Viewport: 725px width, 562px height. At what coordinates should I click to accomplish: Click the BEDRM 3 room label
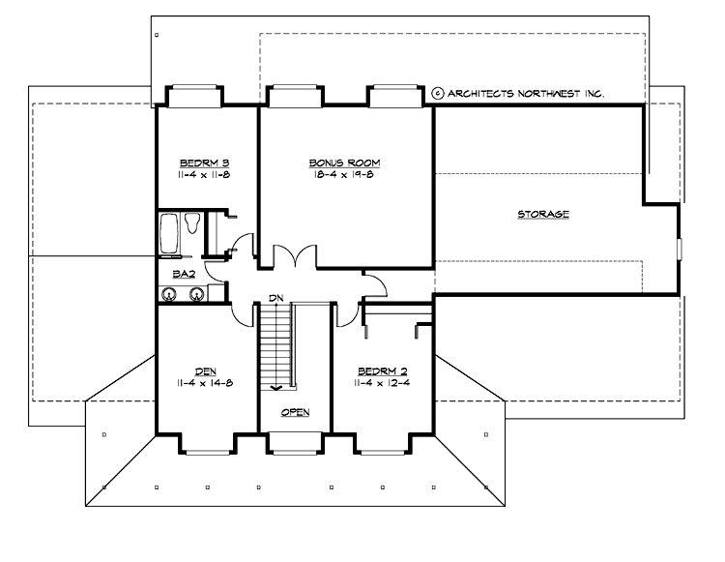tap(203, 163)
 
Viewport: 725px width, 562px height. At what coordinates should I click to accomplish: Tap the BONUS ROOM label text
tap(344, 163)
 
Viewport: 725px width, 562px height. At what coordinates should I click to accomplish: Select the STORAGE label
tap(542, 214)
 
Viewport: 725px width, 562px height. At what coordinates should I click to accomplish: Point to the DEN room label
tap(203, 371)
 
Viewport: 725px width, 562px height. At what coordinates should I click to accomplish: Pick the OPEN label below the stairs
tap(295, 413)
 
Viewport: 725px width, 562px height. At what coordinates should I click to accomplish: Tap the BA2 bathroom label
tap(184, 275)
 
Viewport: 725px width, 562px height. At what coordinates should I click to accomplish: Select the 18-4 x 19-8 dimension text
tap(344, 175)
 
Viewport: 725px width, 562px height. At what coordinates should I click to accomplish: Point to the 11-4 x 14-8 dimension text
tap(203, 384)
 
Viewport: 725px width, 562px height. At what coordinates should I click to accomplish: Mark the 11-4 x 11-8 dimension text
tap(203, 175)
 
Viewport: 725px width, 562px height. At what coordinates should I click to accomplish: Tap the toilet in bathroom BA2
tap(191, 224)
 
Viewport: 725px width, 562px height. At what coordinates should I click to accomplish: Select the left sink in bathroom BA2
tap(170, 294)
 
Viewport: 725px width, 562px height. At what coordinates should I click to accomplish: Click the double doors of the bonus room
tap(294, 256)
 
